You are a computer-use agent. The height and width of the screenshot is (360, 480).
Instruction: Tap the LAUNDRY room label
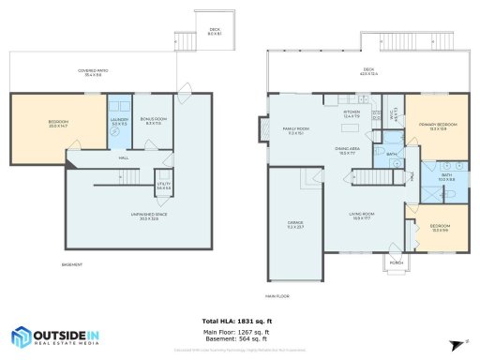pyautogui.click(x=118, y=121)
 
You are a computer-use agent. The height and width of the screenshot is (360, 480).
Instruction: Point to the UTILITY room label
pyautogui.click(x=163, y=186)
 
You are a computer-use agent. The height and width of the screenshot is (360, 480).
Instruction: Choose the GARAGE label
pyautogui.click(x=294, y=224)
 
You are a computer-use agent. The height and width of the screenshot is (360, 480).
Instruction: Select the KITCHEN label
pyautogui.click(x=351, y=113)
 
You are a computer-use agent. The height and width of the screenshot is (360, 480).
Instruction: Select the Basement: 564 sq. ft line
pyautogui.click(x=240, y=339)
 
